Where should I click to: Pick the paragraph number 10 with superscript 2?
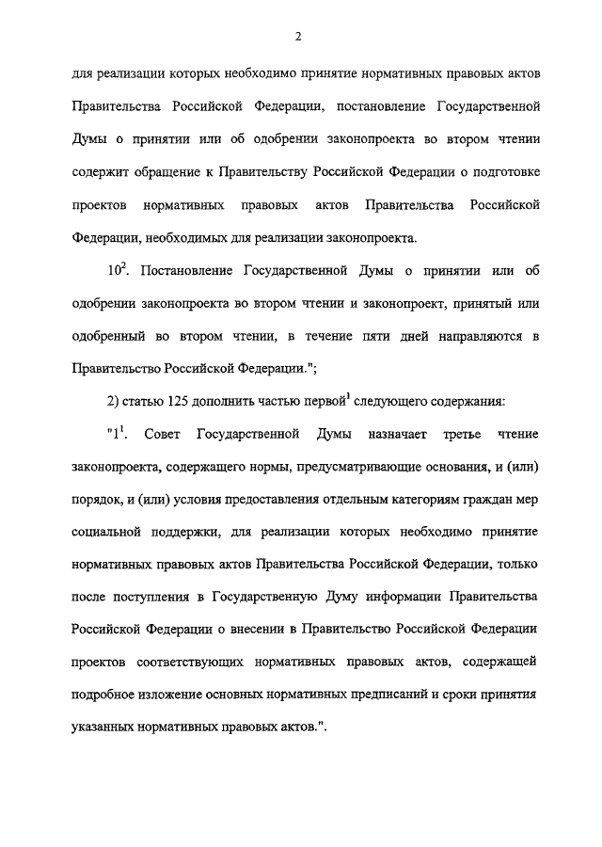pos(119,271)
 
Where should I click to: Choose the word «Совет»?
pos(163,436)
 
